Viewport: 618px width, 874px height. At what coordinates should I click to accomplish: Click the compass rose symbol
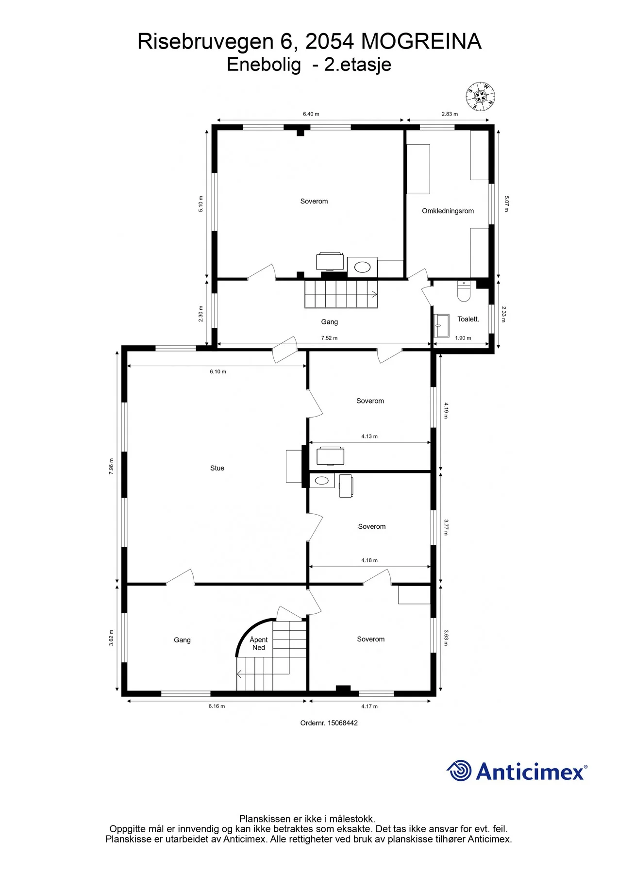click(x=480, y=96)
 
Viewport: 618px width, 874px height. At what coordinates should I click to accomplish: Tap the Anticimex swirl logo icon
click(x=459, y=771)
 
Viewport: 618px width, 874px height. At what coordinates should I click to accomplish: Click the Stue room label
click(x=217, y=468)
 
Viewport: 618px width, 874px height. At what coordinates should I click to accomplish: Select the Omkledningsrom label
click(x=448, y=211)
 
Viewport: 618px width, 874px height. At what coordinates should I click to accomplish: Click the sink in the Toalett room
click(x=441, y=325)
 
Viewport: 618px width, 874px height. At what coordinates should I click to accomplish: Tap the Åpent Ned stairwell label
click(x=259, y=643)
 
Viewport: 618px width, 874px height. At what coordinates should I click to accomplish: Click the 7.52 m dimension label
click(x=329, y=338)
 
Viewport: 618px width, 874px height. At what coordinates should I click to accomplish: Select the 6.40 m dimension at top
click(x=311, y=114)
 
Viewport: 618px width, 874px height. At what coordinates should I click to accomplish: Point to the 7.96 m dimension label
click(x=111, y=466)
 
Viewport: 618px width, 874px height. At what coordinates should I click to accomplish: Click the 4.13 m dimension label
click(x=369, y=436)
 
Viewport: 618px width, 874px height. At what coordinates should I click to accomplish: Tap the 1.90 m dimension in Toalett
click(x=463, y=338)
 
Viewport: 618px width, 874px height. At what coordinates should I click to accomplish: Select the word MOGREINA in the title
click(x=421, y=42)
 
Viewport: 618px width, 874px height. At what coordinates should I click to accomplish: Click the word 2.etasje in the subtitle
click(x=358, y=64)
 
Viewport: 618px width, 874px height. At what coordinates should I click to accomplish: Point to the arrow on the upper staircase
click(x=374, y=294)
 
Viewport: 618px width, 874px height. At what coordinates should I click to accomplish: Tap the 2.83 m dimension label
click(x=450, y=114)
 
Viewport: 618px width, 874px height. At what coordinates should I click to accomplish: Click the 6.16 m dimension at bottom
click(x=217, y=706)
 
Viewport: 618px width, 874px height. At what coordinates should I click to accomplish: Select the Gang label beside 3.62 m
click(x=182, y=640)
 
